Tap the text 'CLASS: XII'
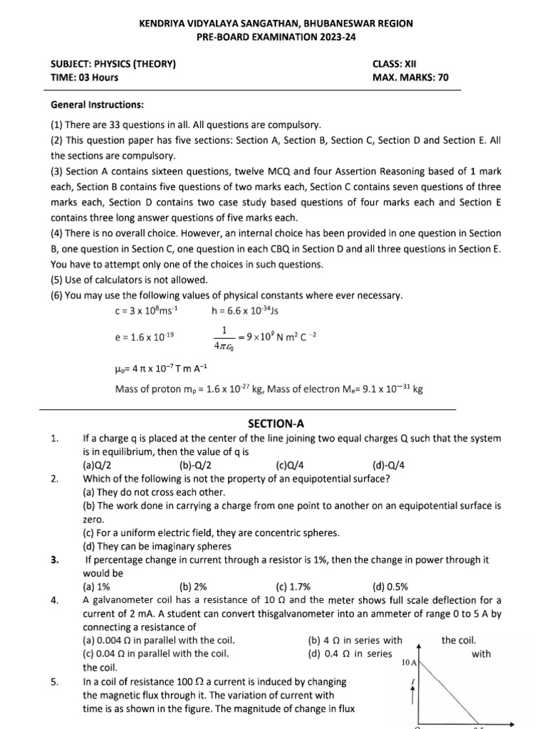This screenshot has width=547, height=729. (x=399, y=64)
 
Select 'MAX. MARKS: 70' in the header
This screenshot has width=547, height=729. (x=410, y=78)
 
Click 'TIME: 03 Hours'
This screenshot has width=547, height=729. (x=85, y=78)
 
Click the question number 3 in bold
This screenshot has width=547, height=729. (x=55, y=560)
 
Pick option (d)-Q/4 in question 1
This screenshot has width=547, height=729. (x=389, y=465)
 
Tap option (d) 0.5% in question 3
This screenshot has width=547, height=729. (x=390, y=587)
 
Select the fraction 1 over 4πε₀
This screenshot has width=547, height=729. (x=224, y=340)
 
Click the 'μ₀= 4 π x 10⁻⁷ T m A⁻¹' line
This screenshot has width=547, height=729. (x=161, y=369)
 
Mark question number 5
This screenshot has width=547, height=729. (x=55, y=681)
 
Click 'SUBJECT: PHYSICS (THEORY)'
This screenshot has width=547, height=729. (x=113, y=64)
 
